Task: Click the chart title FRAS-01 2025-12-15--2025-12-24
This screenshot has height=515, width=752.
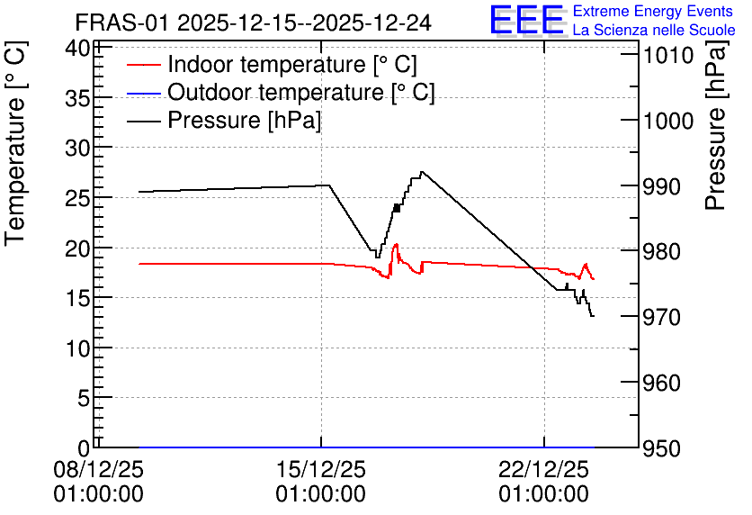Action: (x=254, y=23)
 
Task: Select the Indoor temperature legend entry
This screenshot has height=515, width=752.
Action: (x=272, y=64)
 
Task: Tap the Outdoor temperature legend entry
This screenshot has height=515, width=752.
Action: (x=281, y=92)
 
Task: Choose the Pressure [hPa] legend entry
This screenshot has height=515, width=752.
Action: (x=224, y=120)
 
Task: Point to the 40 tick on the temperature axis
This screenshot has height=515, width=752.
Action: (x=77, y=49)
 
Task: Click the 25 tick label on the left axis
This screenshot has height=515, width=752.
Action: (x=77, y=198)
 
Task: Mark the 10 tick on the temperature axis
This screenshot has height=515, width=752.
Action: (x=77, y=349)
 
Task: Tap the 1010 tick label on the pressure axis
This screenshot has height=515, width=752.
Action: (x=668, y=56)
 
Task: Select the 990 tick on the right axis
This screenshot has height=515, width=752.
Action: (x=661, y=186)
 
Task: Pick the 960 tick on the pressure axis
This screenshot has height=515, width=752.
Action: (x=661, y=383)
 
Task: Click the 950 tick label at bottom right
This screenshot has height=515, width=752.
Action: (x=661, y=448)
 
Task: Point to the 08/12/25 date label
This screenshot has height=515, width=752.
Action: (x=98, y=470)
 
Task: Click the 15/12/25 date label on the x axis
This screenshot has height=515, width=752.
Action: (x=321, y=470)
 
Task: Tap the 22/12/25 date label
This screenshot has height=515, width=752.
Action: (x=544, y=470)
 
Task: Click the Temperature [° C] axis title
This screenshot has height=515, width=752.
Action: (x=15, y=144)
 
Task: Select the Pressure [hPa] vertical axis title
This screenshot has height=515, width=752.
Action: (x=715, y=126)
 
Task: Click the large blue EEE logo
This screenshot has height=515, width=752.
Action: (x=526, y=20)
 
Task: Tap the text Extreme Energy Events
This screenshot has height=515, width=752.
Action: (x=653, y=11)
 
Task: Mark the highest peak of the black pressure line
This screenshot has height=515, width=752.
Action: (x=421, y=171)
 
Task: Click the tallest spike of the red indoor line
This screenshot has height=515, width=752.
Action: (x=396, y=244)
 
